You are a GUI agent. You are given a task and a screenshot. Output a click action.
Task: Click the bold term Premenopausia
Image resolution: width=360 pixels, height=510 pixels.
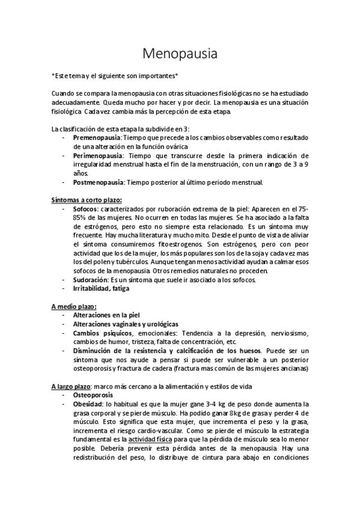97,137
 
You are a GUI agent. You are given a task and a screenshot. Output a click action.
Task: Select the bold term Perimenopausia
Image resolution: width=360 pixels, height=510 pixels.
98,155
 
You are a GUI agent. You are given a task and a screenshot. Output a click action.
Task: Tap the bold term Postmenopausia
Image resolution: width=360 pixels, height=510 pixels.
99,182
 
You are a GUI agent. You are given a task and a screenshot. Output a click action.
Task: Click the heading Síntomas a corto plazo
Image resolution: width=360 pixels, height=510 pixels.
86,200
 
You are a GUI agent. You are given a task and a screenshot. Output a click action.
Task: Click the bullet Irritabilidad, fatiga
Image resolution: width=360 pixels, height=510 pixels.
100,289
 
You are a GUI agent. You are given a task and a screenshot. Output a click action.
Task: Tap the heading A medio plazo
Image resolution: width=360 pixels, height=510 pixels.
74,306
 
